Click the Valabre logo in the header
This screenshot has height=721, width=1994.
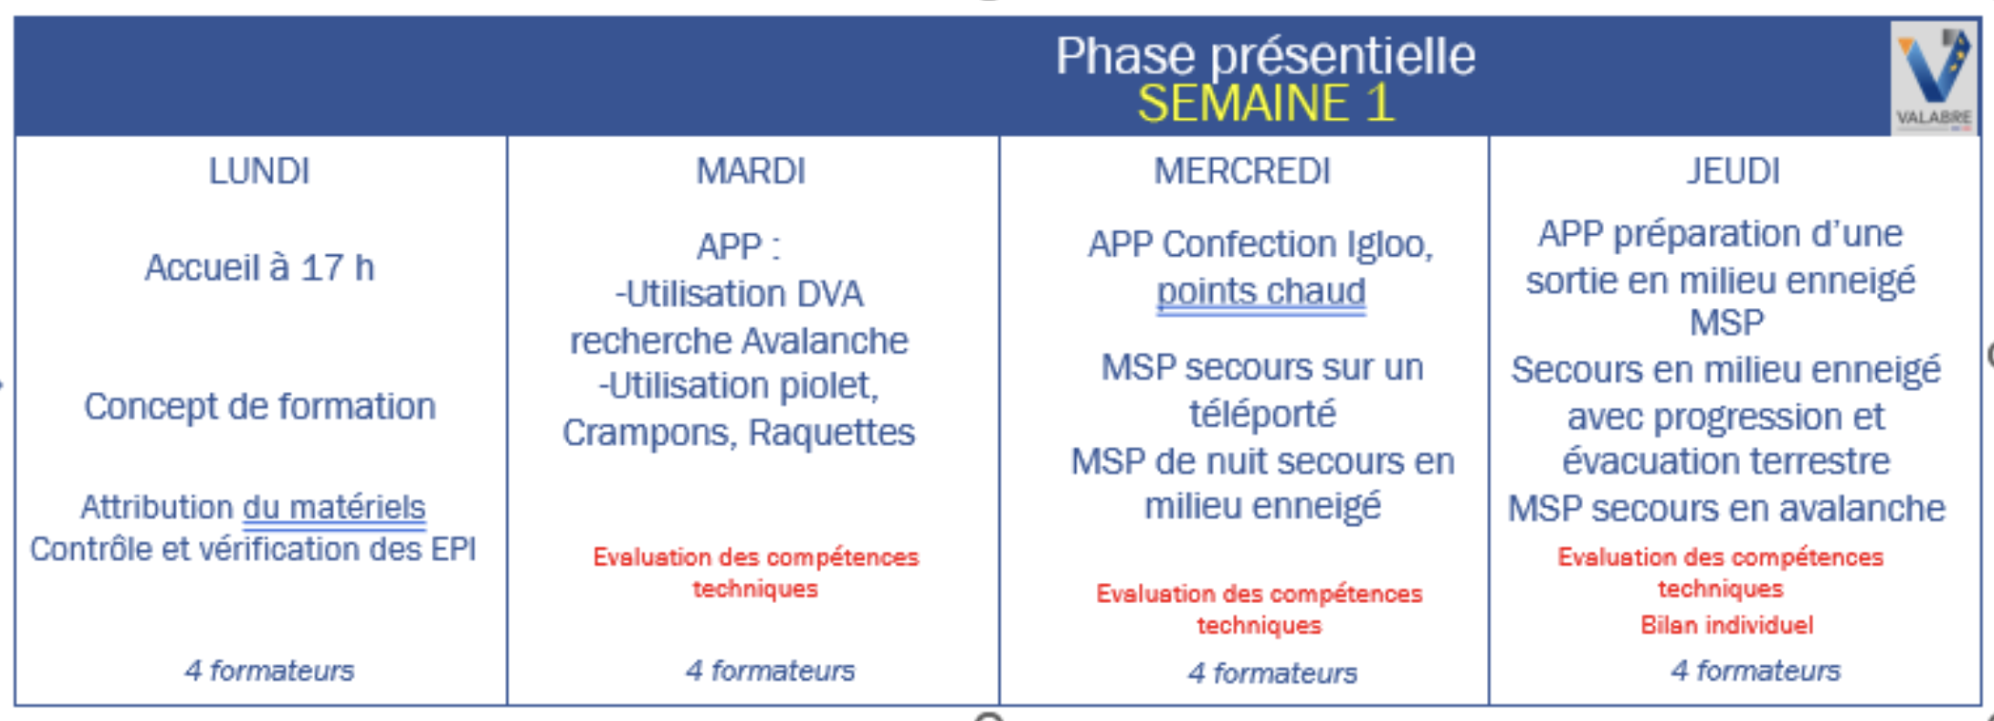[x=1934, y=78]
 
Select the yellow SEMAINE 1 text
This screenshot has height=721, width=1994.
[x=1265, y=103]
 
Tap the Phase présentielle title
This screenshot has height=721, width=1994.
[x=1265, y=55]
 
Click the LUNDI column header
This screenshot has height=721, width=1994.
[x=259, y=171]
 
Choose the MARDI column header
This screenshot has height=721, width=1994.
[x=751, y=171]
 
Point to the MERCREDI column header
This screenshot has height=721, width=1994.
[x=1242, y=171]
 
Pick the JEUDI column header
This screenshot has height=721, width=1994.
[x=1733, y=171]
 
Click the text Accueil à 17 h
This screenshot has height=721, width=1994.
[x=259, y=268]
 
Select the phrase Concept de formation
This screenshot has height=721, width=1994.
[x=260, y=407]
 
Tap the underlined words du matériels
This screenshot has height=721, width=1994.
[x=334, y=507]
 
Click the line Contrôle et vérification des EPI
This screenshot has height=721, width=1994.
[x=253, y=549]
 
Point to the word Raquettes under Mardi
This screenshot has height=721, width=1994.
[x=831, y=433]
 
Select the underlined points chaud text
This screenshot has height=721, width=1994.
[x=1261, y=291]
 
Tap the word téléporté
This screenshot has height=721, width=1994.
[x=1262, y=414]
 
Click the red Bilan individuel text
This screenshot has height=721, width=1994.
[x=1727, y=625]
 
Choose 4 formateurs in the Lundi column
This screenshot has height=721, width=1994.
[x=269, y=671]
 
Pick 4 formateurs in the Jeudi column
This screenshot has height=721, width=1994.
[x=1755, y=671]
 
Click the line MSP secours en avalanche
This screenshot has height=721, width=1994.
[x=1726, y=509]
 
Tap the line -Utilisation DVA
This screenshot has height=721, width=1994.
[x=739, y=294]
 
